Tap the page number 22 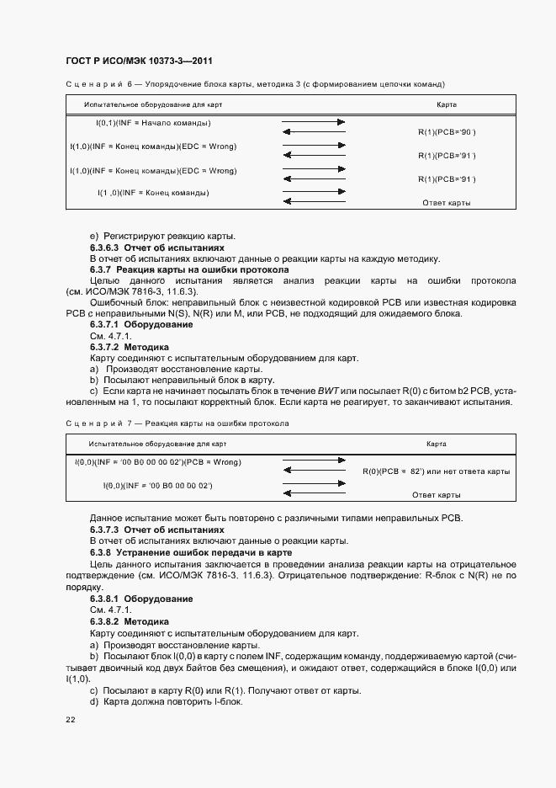pyautogui.click(x=70, y=721)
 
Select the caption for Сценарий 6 pyautogui.click(x=254, y=84)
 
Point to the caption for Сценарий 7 pyautogui.click(x=177, y=423)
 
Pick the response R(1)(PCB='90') pyautogui.click(x=447, y=132)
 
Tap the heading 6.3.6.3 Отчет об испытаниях pyautogui.click(x=157, y=248)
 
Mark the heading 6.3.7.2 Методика pyautogui.click(x=130, y=347)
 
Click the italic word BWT pyautogui.click(x=326, y=391)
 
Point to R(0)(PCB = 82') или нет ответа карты pyautogui.click(x=437, y=471)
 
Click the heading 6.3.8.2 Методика pyautogui.click(x=130, y=620)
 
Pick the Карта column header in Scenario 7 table pyautogui.click(x=436, y=443)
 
